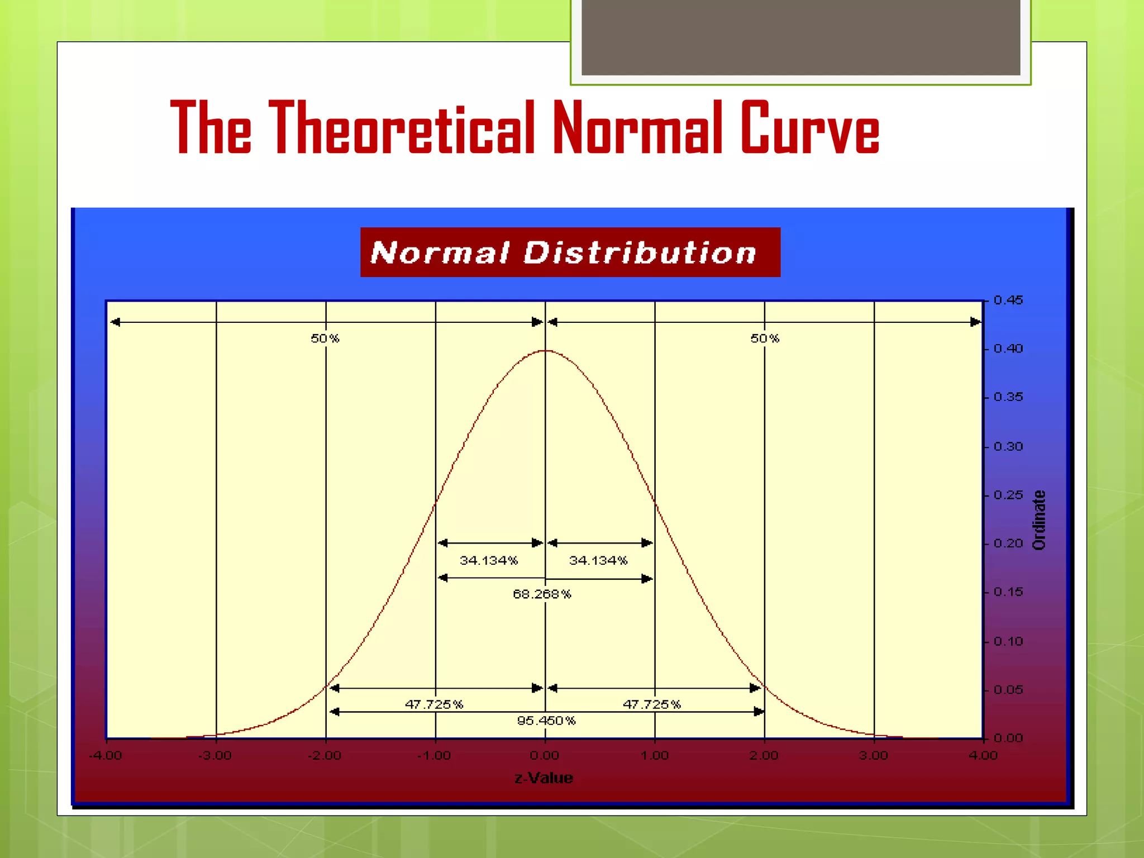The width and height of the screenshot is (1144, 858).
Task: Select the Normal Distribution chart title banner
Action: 570,252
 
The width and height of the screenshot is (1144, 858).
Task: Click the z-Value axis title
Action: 544,778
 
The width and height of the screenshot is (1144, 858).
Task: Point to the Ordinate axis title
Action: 1039,520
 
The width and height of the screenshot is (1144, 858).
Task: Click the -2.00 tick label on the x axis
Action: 325,756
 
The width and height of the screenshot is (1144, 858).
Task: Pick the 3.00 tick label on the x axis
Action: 874,756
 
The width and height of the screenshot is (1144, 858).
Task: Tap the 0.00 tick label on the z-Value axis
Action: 545,756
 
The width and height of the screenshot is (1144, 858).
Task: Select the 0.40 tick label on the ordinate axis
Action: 1008,349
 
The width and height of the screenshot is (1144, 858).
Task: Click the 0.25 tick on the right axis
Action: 1008,495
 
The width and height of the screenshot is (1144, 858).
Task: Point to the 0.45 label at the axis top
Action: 1008,301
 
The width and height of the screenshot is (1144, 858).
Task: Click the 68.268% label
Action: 542,594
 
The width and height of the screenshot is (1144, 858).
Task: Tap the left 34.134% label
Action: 489,560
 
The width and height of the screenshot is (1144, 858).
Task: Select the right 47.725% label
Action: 652,704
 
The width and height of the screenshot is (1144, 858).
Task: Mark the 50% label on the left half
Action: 325,339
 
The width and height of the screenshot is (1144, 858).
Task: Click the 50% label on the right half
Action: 765,339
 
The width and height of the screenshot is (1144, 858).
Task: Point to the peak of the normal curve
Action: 545,351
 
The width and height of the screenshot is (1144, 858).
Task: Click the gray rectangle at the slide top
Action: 800,37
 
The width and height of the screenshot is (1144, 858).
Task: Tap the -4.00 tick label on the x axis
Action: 105,756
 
